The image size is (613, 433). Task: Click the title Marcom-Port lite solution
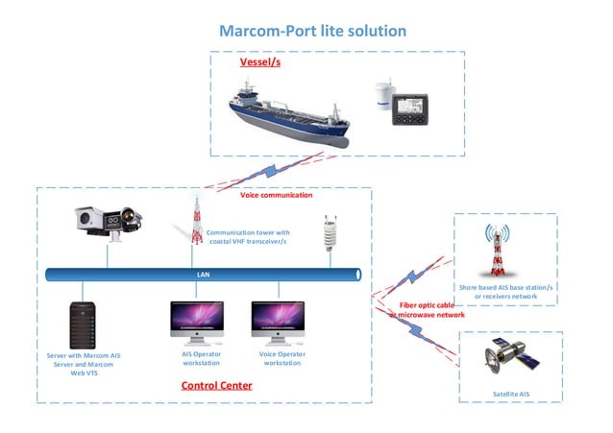312,31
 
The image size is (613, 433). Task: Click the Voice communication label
276,195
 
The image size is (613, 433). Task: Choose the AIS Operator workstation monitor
196,322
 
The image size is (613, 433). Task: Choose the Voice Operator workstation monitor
278,322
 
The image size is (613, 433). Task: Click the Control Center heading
216,386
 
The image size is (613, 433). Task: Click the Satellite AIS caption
510,393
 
